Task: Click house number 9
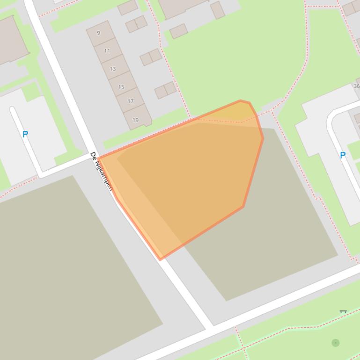pos(98,33)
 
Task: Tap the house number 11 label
pos(107,50)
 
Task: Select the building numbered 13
pos(113,69)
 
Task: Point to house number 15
pos(121,87)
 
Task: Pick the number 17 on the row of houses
pos(131,101)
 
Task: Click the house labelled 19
pos(135,120)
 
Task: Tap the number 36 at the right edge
pos(356,86)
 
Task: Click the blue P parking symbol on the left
pos(25,134)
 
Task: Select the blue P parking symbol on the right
pos(343,155)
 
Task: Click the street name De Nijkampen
pos(102,171)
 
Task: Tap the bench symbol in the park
pos(343,311)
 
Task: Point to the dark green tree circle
pos(336,343)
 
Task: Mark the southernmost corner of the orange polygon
pos(161,259)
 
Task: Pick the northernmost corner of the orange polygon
pos(241,101)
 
